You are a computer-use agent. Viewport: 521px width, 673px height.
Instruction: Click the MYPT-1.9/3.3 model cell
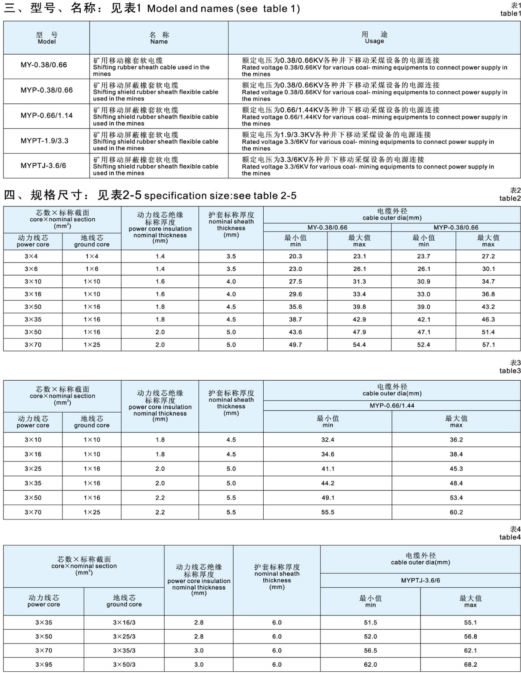(x=44, y=141)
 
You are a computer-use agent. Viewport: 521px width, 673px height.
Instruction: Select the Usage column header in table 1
(x=374, y=38)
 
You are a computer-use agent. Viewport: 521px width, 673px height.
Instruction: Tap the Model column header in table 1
(x=46, y=38)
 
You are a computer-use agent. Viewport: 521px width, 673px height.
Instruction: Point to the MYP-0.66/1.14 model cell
(x=46, y=116)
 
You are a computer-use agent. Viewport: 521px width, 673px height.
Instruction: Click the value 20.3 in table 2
(x=295, y=257)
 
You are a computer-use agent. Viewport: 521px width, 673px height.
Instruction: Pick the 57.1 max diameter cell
(x=488, y=345)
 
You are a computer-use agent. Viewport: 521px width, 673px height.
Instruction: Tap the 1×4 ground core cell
(x=92, y=257)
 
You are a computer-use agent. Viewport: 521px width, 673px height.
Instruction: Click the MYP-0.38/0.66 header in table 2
(x=456, y=228)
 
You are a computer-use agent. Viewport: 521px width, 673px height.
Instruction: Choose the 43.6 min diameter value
(x=295, y=332)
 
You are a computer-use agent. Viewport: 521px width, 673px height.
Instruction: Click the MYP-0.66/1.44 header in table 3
(x=392, y=405)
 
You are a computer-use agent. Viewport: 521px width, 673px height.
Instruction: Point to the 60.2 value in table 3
(x=456, y=512)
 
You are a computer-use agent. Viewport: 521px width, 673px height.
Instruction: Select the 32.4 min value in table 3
(x=328, y=440)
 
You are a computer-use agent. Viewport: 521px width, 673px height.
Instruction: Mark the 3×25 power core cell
(x=33, y=469)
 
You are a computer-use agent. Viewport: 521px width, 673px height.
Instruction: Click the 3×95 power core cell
(x=44, y=665)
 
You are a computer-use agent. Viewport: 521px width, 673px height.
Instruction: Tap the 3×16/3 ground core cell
(x=124, y=623)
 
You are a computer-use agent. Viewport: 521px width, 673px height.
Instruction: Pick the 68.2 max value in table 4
(x=471, y=665)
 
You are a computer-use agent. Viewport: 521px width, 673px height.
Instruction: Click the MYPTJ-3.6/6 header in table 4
(x=421, y=580)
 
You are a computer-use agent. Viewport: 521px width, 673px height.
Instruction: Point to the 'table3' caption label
(x=510, y=371)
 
